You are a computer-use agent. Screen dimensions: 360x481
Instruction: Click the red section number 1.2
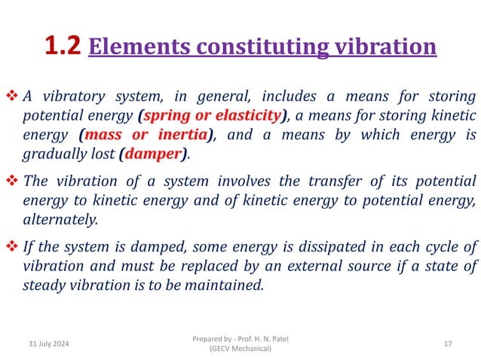[63, 47]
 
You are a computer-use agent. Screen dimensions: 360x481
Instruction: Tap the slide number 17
[448, 343]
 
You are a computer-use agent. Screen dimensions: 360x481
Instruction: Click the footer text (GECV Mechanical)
[240, 349]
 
